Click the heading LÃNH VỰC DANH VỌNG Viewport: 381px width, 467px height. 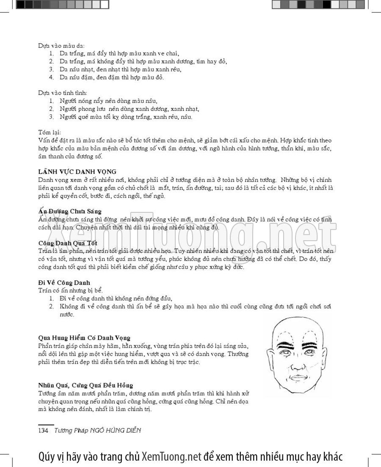click(77, 171)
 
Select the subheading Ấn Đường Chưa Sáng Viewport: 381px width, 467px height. click(70, 211)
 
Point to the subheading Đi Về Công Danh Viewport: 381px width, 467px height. click(64, 282)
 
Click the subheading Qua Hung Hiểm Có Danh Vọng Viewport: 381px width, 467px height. click(84, 338)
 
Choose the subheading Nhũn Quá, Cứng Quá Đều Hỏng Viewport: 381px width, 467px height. click(86, 385)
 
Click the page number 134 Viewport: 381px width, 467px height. click(44, 430)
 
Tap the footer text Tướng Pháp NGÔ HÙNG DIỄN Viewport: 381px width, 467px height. click(97, 430)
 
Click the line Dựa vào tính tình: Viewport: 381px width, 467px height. click(62, 93)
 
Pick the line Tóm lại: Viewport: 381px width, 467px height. click(50, 132)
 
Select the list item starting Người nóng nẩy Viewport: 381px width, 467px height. click(108, 101)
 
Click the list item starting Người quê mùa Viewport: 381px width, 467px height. click(126, 117)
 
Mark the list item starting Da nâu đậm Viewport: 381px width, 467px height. click(111, 77)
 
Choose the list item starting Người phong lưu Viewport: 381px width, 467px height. click(129, 109)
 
